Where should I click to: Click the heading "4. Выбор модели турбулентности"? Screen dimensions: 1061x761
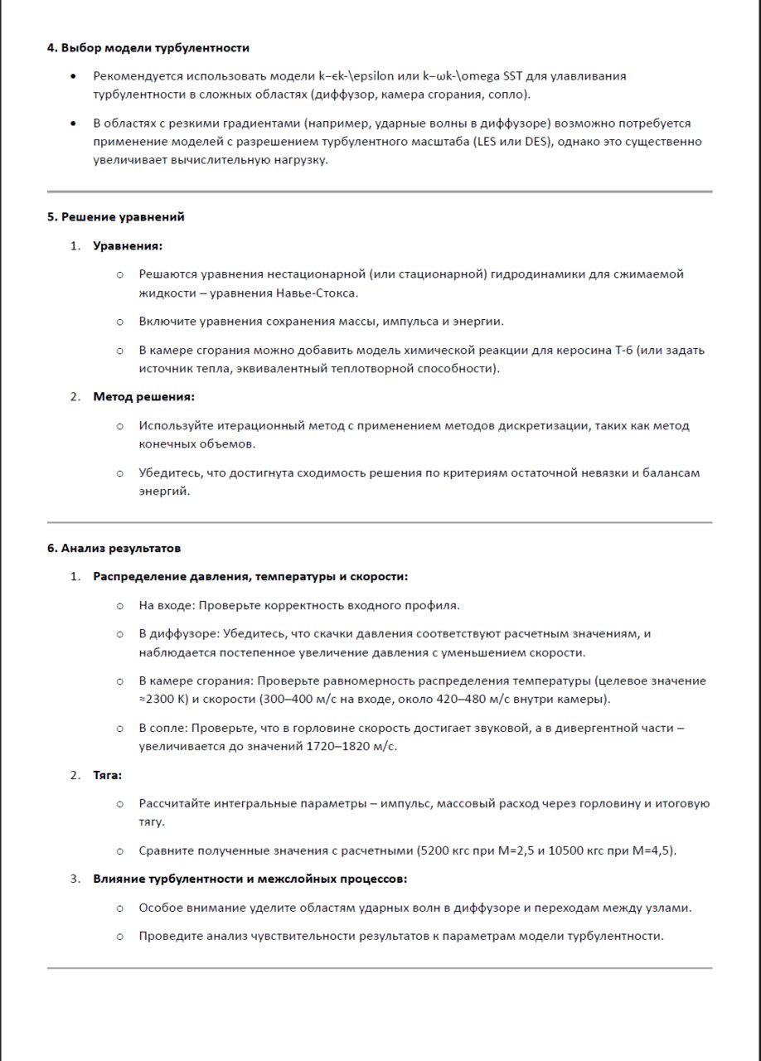pyautogui.click(x=148, y=48)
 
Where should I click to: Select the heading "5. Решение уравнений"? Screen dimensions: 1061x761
pyautogui.click(x=115, y=217)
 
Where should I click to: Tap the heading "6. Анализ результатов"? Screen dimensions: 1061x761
pyautogui.click(x=114, y=548)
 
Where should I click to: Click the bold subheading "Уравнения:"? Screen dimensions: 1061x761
pyautogui.click(x=128, y=245)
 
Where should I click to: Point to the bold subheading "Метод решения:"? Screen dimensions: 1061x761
pyautogui.click(x=143, y=396)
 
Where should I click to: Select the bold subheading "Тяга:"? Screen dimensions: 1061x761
pyautogui.click(x=108, y=775)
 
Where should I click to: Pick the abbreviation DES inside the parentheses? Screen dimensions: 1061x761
pyautogui.click(x=537, y=142)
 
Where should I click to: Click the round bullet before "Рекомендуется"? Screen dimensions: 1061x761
pyautogui.click(x=75, y=76)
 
